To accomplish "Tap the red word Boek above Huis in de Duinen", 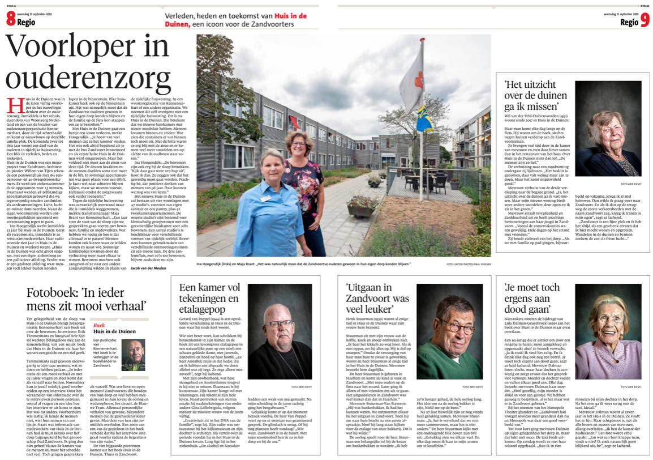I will coord(99,325).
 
